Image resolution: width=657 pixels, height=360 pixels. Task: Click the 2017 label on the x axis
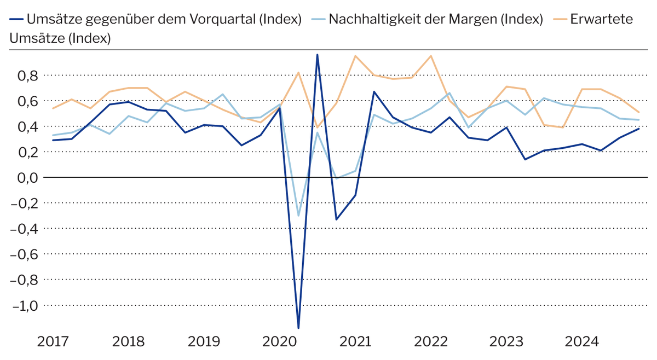[53, 342]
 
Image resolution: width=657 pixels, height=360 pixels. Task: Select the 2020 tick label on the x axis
[280, 342]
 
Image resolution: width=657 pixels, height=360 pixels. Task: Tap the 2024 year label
[582, 342]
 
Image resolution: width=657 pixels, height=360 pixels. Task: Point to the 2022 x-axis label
[431, 342]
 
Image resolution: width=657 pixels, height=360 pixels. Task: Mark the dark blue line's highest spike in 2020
[318, 55]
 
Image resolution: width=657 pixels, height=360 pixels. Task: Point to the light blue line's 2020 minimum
[298, 216]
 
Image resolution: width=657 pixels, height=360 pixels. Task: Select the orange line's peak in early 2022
[431, 56]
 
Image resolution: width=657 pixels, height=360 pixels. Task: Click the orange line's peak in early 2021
[355, 56]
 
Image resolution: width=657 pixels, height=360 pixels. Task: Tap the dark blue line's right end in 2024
[638, 129]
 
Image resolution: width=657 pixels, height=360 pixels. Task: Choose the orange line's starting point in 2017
[53, 108]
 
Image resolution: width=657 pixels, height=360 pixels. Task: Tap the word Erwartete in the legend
[601, 20]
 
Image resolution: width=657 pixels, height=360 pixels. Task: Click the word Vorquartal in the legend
[223, 20]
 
